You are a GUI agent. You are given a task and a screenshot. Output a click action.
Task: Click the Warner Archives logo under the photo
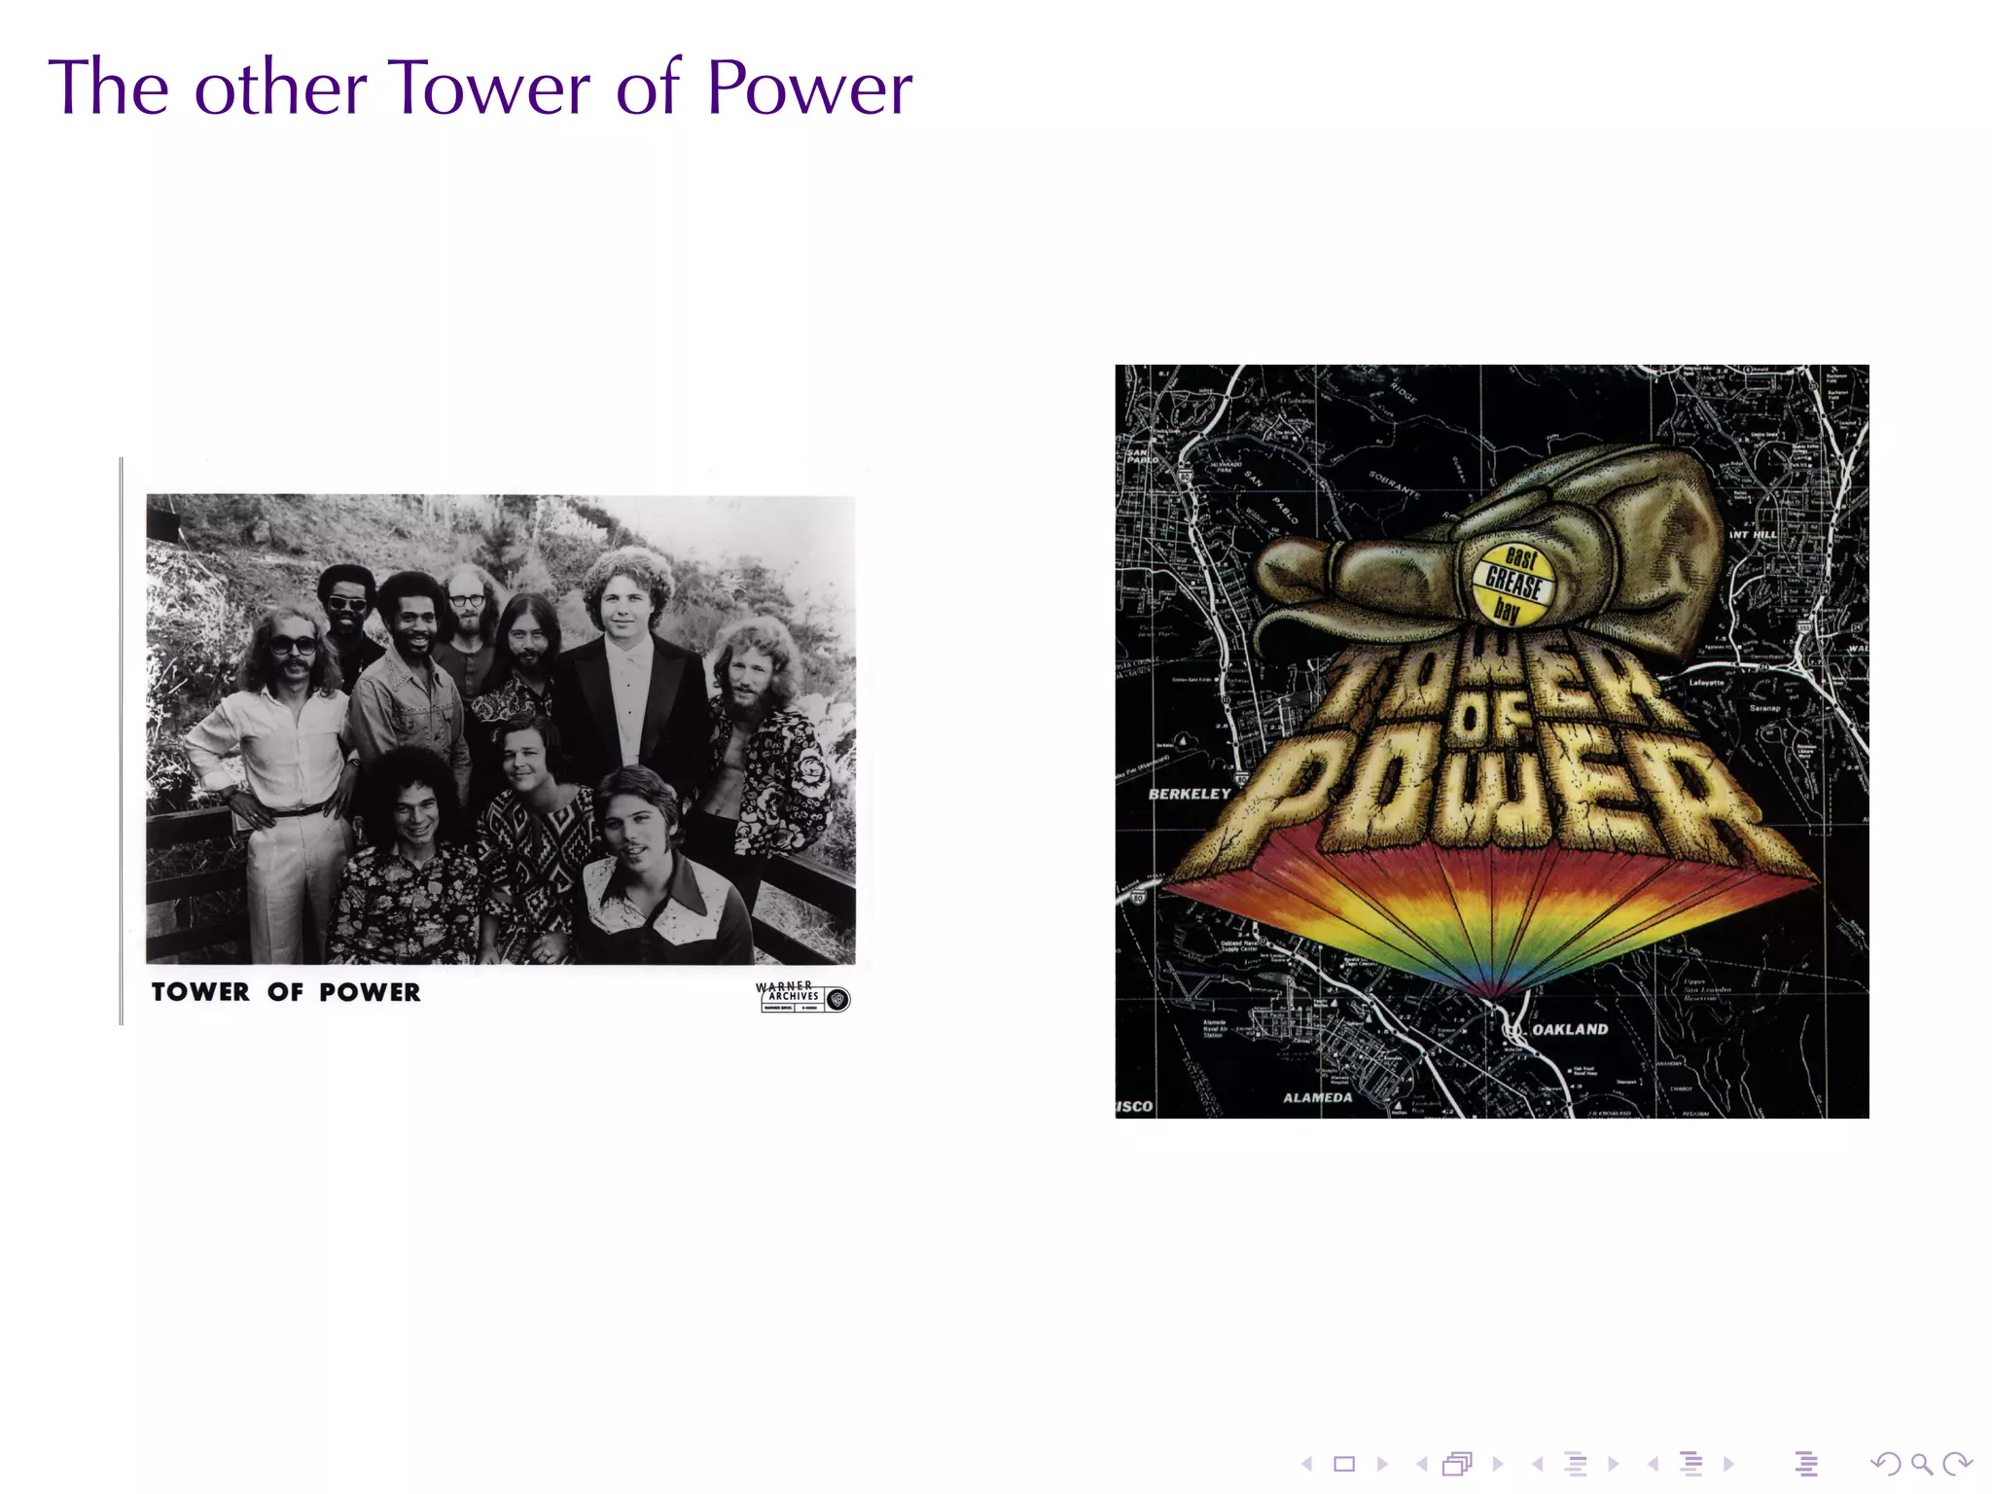[802, 997]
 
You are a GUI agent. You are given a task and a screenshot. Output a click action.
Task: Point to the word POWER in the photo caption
[370, 992]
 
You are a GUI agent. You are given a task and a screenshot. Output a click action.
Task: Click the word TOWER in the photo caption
[200, 992]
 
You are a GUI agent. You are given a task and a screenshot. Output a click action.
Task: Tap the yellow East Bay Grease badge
[1512, 584]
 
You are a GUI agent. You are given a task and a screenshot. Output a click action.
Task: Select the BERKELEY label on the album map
[1189, 794]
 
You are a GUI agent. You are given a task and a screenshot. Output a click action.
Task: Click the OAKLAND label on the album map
[1569, 1029]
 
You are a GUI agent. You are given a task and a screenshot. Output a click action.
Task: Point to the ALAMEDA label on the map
[1317, 1098]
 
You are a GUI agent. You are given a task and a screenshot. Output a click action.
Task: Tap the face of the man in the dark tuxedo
[625, 605]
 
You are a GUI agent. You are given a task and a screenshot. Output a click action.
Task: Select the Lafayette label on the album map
[1706, 683]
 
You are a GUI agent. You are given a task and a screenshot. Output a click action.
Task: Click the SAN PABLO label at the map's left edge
[1136, 455]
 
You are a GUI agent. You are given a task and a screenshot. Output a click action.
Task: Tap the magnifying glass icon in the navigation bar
[1921, 1464]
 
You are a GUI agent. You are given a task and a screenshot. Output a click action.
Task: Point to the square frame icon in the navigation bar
[1344, 1464]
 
